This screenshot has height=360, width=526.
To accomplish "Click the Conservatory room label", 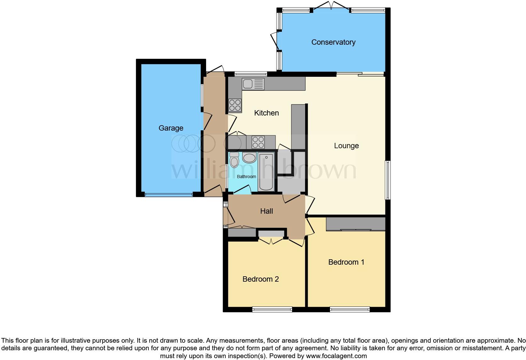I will coord(333,42).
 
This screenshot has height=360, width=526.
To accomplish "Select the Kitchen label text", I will coord(266,113).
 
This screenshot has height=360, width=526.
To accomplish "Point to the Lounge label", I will coord(346,146).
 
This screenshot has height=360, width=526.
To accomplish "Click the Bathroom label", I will coord(246,177).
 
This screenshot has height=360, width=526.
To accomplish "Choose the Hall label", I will coord(266,211).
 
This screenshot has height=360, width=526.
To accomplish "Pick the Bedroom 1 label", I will coord(346,262).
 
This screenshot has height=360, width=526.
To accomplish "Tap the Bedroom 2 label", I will coord(260,279).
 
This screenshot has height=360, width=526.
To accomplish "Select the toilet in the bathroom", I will coord(234,160).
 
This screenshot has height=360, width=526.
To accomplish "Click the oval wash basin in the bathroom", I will coord(249,158).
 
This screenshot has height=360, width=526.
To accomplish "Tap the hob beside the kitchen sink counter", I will coord(235,105).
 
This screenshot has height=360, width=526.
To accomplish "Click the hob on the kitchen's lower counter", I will coord(258,142).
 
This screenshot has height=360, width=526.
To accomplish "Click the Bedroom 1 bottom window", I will coord(350,309).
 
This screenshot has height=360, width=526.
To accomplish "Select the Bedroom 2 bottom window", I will coord(272,309).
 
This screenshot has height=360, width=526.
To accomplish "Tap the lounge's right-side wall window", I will coord(388,180).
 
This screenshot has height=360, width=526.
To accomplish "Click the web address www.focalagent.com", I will coord(337,356).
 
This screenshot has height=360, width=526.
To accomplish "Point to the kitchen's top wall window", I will coord(251,74).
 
